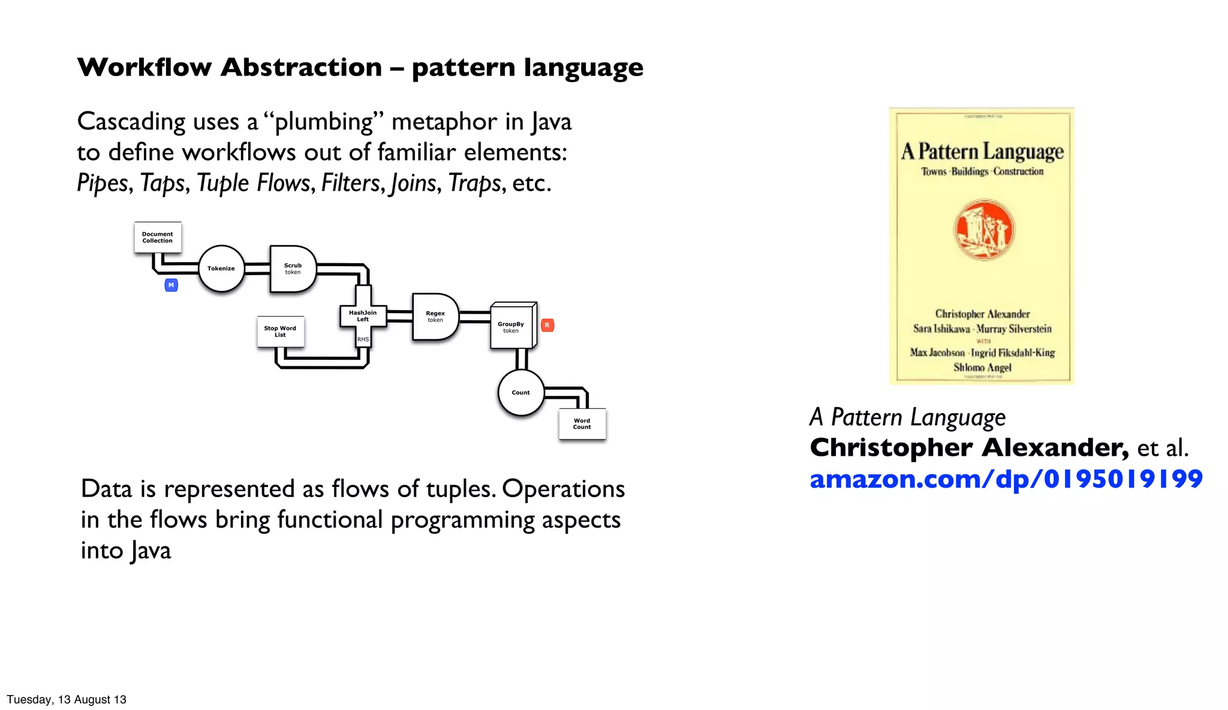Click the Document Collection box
[x=158, y=237]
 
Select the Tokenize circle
[x=221, y=269]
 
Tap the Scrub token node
[x=293, y=269]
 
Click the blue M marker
[x=171, y=285]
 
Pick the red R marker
[x=547, y=326]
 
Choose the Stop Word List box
[x=280, y=332]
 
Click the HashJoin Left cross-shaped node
[x=363, y=316]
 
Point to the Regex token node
[x=435, y=317]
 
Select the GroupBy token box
[x=511, y=327]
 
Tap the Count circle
[x=520, y=393]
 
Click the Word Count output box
[x=582, y=424]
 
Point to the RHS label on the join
[x=363, y=339]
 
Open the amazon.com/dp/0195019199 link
[x=1006, y=479]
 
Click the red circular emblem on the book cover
[x=983, y=230]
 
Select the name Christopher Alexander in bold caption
[x=968, y=448]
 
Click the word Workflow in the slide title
[x=145, y=67]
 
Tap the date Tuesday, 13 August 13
[x=67, y=700]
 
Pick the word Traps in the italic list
[x=474, y=183]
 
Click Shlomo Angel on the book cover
[x=982, y=368]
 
